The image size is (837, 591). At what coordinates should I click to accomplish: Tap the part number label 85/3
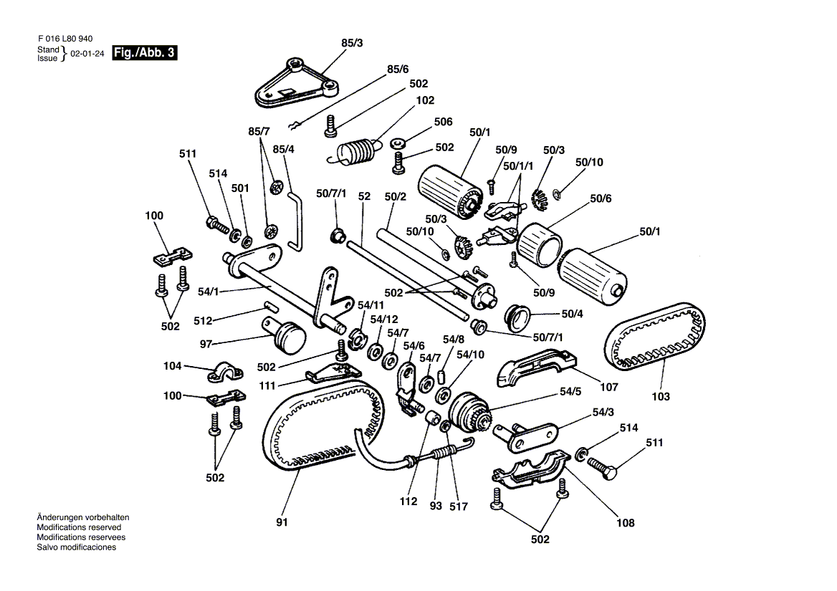(352, 44)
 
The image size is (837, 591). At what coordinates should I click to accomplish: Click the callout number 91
(282, 522)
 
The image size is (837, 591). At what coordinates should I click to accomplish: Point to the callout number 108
(624, 523)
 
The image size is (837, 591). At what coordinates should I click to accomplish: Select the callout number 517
(459, 506)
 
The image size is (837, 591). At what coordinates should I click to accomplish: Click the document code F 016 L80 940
(65, 39)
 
